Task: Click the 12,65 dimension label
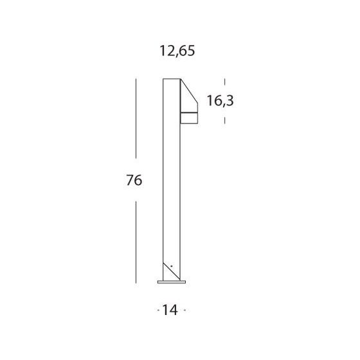pyautogui.click(x=177, y=51)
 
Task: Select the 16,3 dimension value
pyautogui.click(x=220, y=101)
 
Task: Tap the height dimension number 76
pyautogui.click(x=134, y=180)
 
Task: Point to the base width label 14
pyautogui.click(x=170, y=310)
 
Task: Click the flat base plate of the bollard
pyautogui.click(x=172, y=282)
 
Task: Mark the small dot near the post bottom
pyautogui.click(x=171, y=266)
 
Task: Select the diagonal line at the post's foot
pyautogui.click(x=172, y=271)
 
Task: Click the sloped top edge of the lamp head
pyautogui.click(x=189, y=91)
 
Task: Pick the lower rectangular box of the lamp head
pyautogui.click(x=189, y=118)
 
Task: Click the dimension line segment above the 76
pyautogui.click(x=136, y=118)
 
